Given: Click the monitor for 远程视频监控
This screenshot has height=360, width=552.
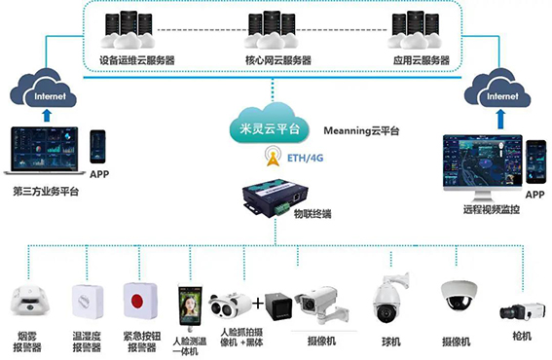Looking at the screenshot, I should (x=479, y=163).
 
